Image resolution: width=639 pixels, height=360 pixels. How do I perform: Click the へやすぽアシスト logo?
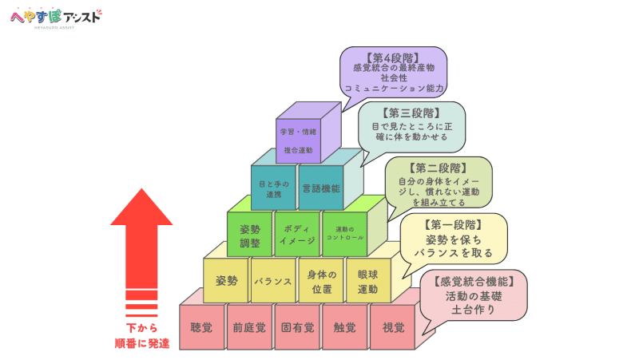coord(55,16)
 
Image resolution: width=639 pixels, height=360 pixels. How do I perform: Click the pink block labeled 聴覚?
coord(201,327)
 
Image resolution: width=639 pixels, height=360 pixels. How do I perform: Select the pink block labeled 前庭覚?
coord(249,327)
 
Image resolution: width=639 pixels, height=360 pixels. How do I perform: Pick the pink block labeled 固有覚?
coord(297,327)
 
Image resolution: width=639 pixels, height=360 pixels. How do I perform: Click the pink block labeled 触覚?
coord(345,327)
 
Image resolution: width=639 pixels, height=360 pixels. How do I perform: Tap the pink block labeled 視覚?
coord(393,327)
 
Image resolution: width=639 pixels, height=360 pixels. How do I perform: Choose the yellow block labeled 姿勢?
coord(226,281)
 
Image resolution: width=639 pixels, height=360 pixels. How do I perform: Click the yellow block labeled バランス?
coord(273,281)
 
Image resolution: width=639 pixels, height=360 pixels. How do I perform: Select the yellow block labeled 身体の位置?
coord(320,281)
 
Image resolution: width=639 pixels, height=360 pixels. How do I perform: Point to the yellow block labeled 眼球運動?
coord(367,281)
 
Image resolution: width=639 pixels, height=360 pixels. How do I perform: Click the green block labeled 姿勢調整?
coord(250,235)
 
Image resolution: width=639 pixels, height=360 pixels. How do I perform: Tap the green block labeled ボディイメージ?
coord(297,235)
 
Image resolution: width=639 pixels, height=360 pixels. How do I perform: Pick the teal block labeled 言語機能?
coord(321,189)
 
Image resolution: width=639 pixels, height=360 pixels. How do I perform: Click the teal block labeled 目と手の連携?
coord(273,189)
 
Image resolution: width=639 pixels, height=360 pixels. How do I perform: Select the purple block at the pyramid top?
coord(298,140)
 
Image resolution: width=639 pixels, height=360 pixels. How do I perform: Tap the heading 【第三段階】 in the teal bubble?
coord(411,112)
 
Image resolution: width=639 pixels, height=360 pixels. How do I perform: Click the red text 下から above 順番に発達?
coord(141,328)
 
